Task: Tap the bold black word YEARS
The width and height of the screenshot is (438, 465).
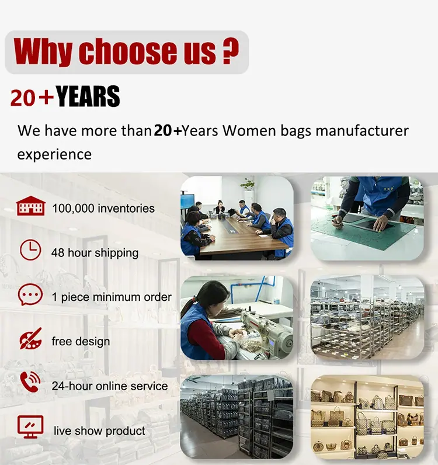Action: [x=88, y=96]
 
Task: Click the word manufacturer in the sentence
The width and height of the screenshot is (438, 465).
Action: [x=362, y=130]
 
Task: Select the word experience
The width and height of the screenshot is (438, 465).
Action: [x=54, y=155]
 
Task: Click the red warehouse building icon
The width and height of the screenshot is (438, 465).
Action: [x=31, y=206]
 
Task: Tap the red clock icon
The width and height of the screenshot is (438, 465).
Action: [x=30, y=250]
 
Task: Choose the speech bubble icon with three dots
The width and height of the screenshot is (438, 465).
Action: [x=30, y=294]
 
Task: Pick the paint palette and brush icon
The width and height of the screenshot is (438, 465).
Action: [x=30, y=339]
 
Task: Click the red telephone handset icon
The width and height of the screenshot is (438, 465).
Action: [x=30, y=382]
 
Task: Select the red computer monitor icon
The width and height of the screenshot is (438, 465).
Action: [x=30, y=427]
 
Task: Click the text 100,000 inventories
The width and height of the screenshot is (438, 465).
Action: [x=103, y=208]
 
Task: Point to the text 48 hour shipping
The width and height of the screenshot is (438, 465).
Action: [x=95, y=253]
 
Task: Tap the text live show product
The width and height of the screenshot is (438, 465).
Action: [x=99, y=431]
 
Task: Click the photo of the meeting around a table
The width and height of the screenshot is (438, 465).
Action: [x=237, y=218]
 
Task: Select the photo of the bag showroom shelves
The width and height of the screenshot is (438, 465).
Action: [x=367, y=417]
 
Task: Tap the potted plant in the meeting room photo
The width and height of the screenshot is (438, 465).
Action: [x=248, y=185]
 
